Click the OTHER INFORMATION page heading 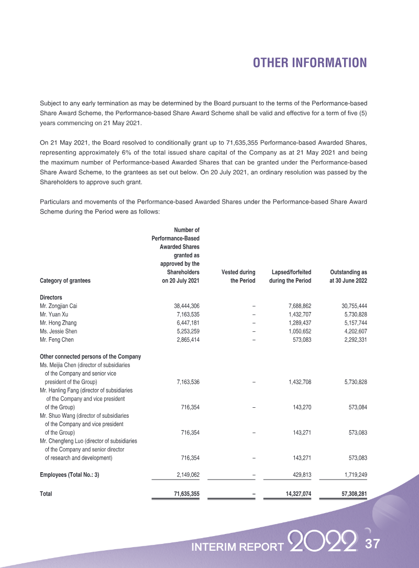point(310,63)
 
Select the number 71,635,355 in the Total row point(182,493)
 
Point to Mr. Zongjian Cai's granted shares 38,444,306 point(183,306)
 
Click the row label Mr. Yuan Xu point(54,314)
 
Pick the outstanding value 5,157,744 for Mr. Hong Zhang point(352,323)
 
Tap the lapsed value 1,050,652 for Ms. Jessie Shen point(300,332)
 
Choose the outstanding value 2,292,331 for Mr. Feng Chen point(352,340)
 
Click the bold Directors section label point(51,297)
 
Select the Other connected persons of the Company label point(90,357)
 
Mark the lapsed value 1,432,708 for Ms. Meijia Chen point(300,382)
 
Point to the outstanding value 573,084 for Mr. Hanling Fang point(355,407)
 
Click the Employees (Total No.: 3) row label point(70,475)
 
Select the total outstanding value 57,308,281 point(350,493)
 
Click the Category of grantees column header point(65,281)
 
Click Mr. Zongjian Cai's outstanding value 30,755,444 point(350,306)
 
